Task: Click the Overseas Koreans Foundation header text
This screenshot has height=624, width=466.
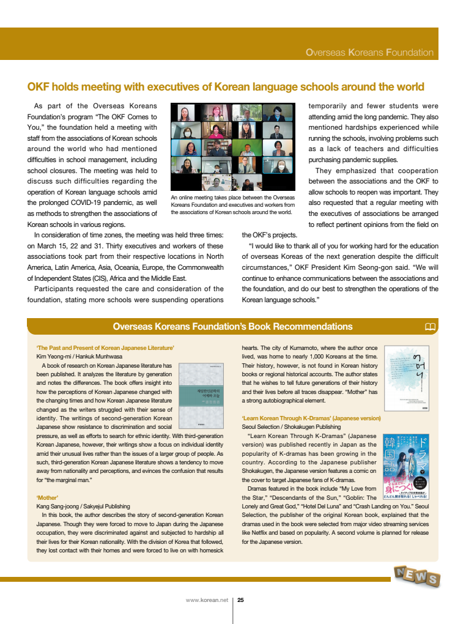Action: [x=369, y=53]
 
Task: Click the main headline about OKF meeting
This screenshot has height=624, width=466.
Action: [x=226, y=86]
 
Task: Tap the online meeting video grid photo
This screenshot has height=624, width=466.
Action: [x=232, y=147]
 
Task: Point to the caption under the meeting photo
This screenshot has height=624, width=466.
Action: [x=232, y=205]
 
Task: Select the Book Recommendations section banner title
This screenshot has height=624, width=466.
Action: [x=233, y=327]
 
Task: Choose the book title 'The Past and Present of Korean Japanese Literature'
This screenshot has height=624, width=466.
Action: [x=105, y=347]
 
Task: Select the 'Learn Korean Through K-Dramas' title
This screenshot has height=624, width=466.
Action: [x=311, y=418]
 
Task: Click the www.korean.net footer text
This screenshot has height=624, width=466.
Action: [x=207, y=600]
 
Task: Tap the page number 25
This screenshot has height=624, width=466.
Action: [x=241, y=600]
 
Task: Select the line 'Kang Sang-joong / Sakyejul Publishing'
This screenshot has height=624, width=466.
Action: [x=83, y=507]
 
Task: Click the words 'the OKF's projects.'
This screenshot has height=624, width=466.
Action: [x=270, y=235]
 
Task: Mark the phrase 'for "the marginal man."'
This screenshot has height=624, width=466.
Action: [x=64, y=480]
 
